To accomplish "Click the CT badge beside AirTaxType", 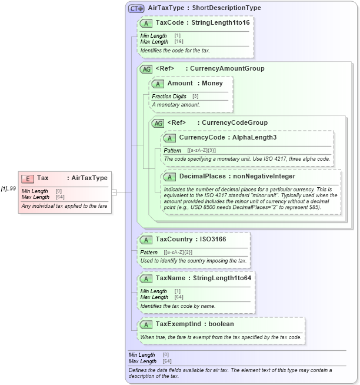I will click(x=136, y=9).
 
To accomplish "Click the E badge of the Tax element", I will click(x=28, y=178).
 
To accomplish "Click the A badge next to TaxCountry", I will click(x=145, y=240).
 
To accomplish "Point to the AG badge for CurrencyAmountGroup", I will click(x=145, y=69).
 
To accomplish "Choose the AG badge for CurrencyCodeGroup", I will click(x=157, y=123).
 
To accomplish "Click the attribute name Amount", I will click(x=180, y=84).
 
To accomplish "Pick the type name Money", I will click(x=212, y=84).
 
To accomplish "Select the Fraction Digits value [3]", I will click(x=195, y=97).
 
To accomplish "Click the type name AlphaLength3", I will click(x=254, y=138).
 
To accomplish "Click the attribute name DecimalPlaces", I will click(x=204, y=176).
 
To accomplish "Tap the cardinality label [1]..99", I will click(x=8, y=188).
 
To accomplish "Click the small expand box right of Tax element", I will click(x=114, y=191).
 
